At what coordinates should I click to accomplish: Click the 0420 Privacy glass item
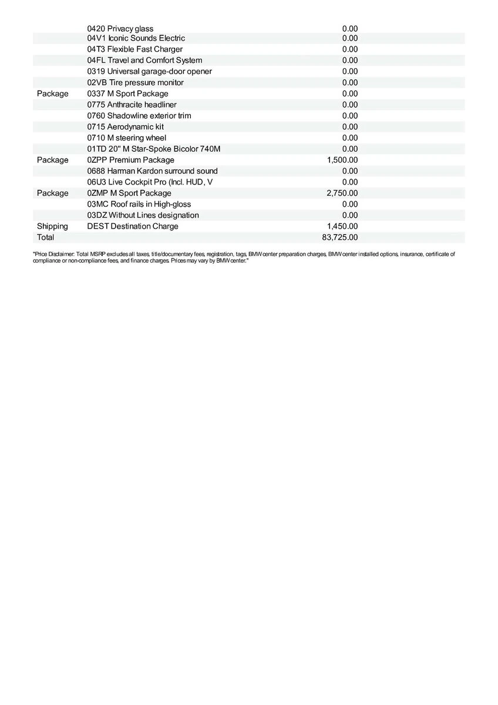click(x=120, y=28)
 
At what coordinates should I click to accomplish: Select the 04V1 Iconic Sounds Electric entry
click(x=136, y=38)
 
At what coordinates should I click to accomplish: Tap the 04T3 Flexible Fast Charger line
click(x=134, y=49)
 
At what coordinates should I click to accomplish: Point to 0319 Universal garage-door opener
click(x=149, y=71)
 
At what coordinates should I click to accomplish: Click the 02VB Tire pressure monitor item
click(x=135, y=82)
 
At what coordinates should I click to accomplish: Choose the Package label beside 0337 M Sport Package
click(x=52, y=93)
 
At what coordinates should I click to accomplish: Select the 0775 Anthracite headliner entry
click(x=132, y=105)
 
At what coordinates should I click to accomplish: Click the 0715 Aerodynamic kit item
click(x=125, y=127)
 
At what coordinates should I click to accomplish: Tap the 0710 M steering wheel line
click(x=126, y=137)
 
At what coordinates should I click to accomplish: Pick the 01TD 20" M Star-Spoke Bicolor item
click(x=154, y=149)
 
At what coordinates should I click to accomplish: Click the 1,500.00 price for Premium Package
click(x=342, y=160)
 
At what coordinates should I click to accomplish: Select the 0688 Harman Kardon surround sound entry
click(x=152, y=171)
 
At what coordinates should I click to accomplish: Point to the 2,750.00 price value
click(x=342, y=193)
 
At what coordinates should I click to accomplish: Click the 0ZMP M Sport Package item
click(x=129, y=193)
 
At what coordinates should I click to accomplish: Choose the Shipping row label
click(x=52, y=226)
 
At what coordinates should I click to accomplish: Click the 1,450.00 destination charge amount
click(x=342, y=226)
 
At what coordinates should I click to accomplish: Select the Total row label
click(x=45, y=237)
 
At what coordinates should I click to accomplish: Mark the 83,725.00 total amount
click(x=340, y=237)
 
